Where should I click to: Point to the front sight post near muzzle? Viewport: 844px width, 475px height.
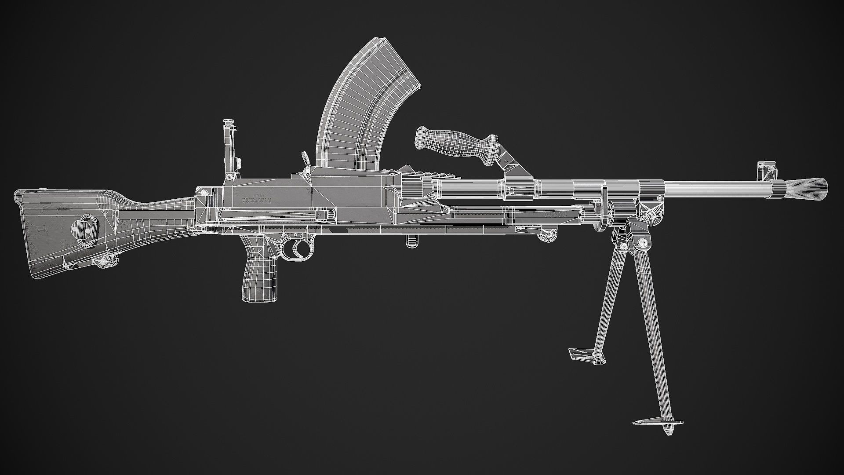coord(766,169)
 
